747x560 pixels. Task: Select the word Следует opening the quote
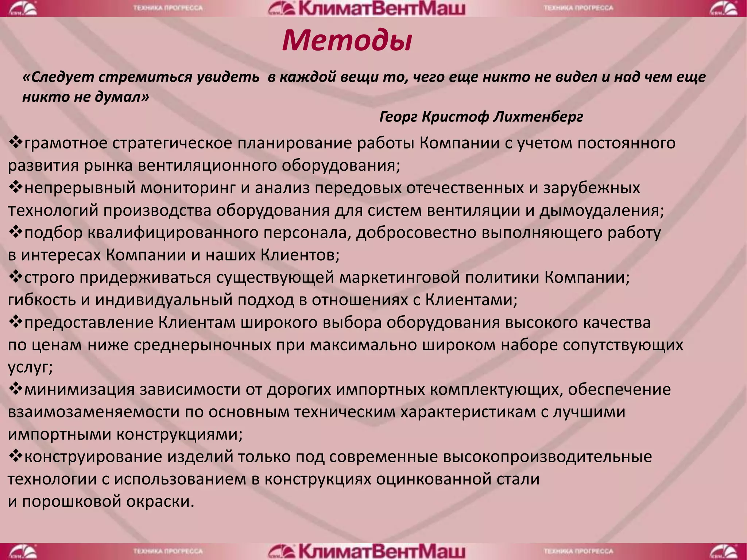click(x=59, y=77)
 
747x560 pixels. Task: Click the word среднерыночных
click(x=202, y=345)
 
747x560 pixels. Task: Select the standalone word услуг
click(x=30, y=367)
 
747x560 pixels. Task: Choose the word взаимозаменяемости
click(x=93, y=412)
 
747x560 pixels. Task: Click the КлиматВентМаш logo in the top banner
click(x=367, y=8)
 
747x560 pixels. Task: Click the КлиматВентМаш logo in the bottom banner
click(x=367, y=552)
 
